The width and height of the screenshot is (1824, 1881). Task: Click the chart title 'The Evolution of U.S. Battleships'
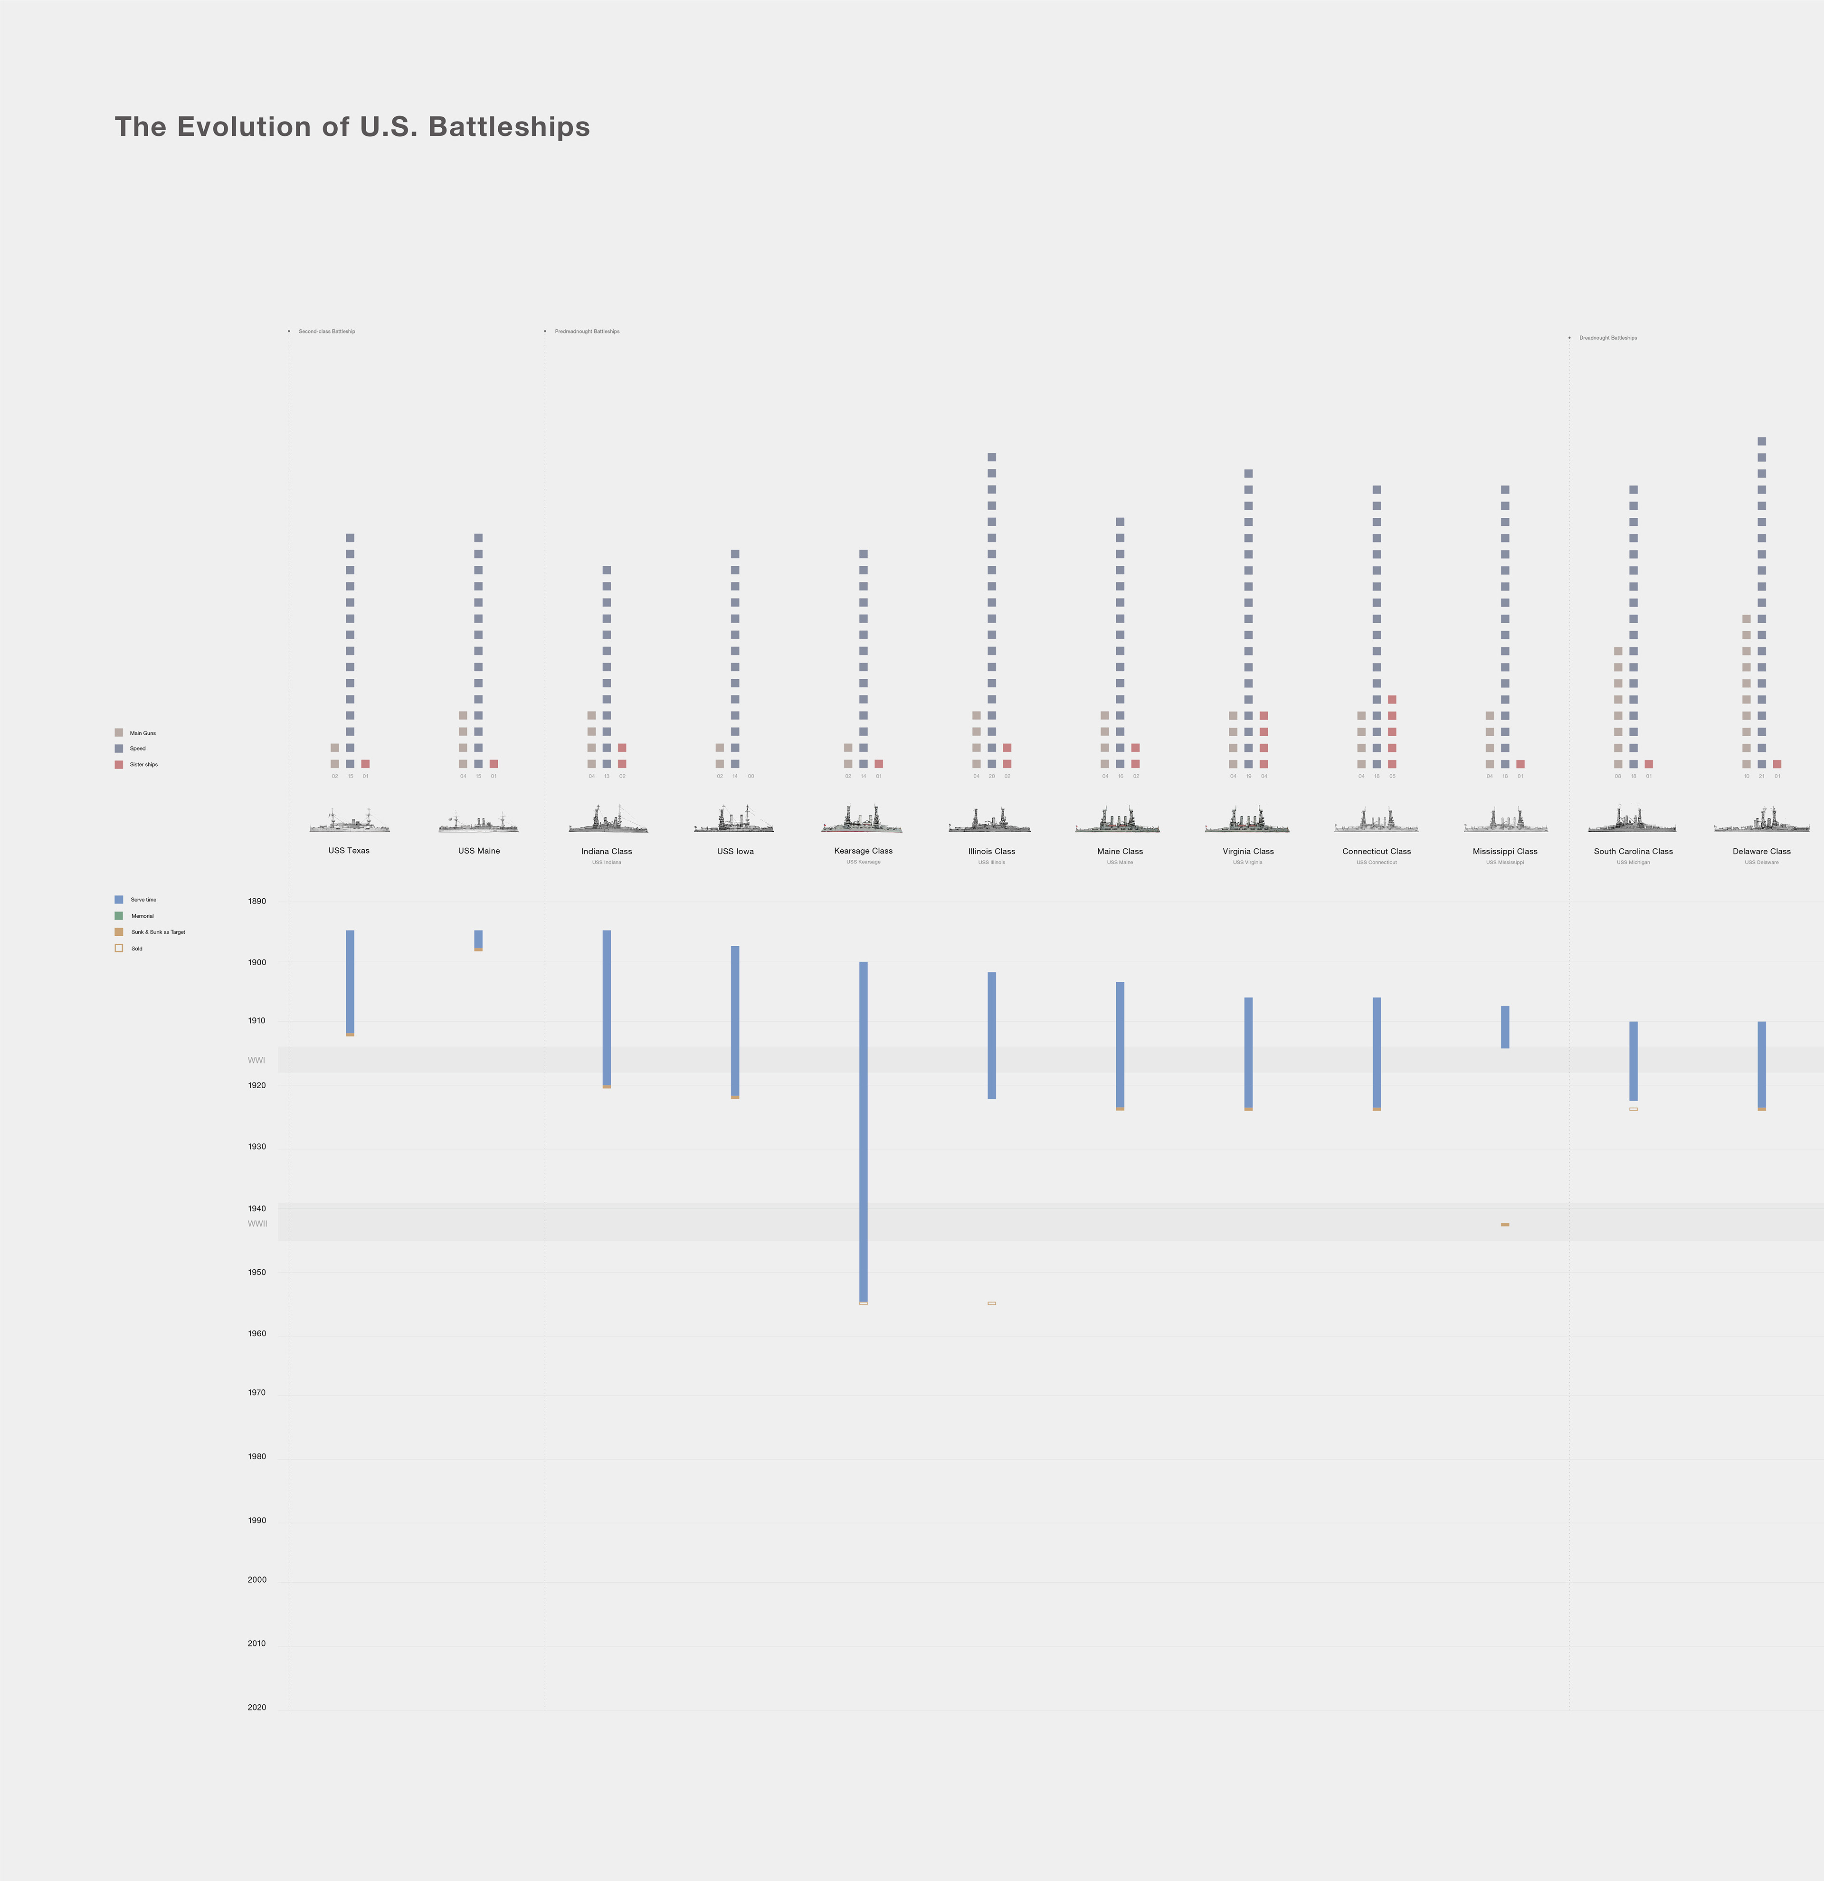[x=352, y=127]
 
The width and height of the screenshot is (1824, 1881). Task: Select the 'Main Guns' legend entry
[x=142, y=733]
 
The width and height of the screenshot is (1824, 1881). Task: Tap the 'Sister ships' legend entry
[x=143, y=765]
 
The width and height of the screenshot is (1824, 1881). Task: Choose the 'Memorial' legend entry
[x=142, y=916]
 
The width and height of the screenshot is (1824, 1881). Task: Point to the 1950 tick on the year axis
[x=256, y=1273]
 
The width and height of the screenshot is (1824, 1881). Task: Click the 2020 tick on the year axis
[x=256, y=1707]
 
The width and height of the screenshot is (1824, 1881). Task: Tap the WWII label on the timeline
[x=257, y=1224]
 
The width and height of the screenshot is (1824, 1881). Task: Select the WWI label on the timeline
[x=256, y=1061]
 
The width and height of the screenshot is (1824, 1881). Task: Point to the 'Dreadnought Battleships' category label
[x=1608, y=338]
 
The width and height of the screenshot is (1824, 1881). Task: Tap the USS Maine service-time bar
[x=479, y=939]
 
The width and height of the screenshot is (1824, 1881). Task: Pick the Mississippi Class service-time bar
[x=1504, y=1027]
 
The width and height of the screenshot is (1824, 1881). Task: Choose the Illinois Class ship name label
[x=991, y=851]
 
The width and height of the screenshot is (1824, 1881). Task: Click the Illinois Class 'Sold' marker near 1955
[x=991, y=1303]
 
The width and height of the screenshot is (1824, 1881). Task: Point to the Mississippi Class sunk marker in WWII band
[x=1504, y=1225]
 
